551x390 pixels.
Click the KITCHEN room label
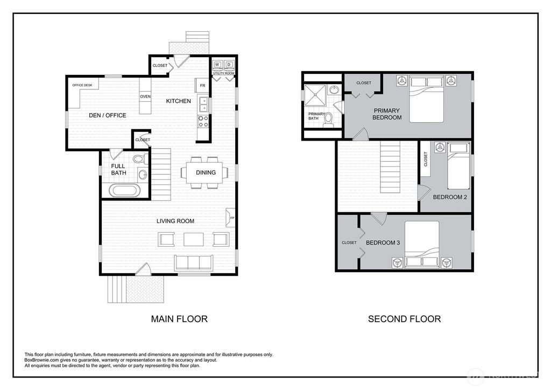point(178,101)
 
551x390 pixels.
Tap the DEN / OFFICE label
point(107,115)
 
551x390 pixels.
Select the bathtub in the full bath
point(124,190)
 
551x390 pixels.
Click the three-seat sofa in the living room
point(194,262)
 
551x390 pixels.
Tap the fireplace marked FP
point(231,217)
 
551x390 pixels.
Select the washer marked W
point(217,65)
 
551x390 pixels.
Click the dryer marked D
point(229,65)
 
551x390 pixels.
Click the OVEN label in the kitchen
point(145,96)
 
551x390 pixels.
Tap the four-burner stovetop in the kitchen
point(204,121)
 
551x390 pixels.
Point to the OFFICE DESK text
point(82,85)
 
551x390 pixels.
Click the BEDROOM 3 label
point(383,243)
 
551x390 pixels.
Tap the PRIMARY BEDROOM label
point(387,114)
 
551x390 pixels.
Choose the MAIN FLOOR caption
point(179,319)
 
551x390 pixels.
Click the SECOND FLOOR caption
point(404,319)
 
